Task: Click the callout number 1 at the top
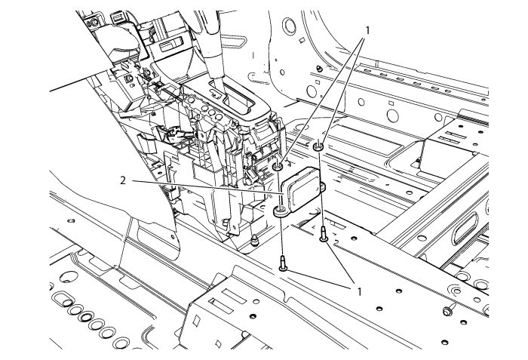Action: pos(367,30)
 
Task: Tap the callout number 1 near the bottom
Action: pos(359,291)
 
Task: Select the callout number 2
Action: pos(123,180)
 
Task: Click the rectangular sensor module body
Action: pos(302,189)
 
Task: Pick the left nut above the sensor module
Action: pos(278,167)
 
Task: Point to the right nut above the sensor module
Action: pos(318,146)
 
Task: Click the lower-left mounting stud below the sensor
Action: pos(283,263)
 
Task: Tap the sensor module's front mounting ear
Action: pos(280,212)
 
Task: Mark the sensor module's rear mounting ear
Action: pos(323,185)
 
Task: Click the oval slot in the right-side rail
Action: pos(465,229)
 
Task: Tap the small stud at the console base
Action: pos(255,240)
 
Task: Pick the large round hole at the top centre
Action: pos(288,25)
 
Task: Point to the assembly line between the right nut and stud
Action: pos(321,188)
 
